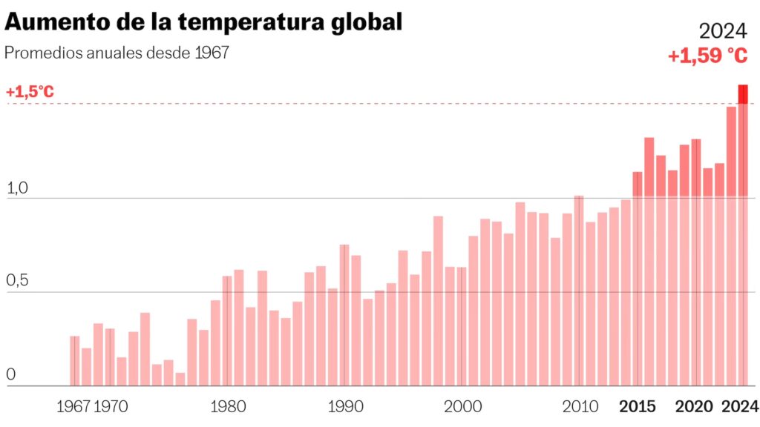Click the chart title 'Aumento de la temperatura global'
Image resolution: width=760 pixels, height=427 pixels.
point(203,21)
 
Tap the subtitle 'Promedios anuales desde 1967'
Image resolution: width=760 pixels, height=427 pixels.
point(117,53)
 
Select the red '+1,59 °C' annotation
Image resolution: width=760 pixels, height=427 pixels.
point(707,56)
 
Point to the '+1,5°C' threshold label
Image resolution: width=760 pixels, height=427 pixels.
point(30,93)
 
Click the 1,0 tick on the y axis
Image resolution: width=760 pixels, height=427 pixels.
point(16,189)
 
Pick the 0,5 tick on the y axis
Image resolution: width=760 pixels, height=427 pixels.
point(16,282)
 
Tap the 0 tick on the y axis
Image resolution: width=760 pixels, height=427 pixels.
point(10,376)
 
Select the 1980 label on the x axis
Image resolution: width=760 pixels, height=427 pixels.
point(227,406)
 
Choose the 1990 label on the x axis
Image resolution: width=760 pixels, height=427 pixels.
point(344,406)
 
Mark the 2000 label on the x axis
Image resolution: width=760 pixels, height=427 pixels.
point(462,406)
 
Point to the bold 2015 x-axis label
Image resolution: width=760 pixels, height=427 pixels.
point(638,406)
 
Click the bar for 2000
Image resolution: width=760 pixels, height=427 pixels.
point(462,326)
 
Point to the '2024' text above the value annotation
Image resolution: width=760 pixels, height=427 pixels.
point(723,30)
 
